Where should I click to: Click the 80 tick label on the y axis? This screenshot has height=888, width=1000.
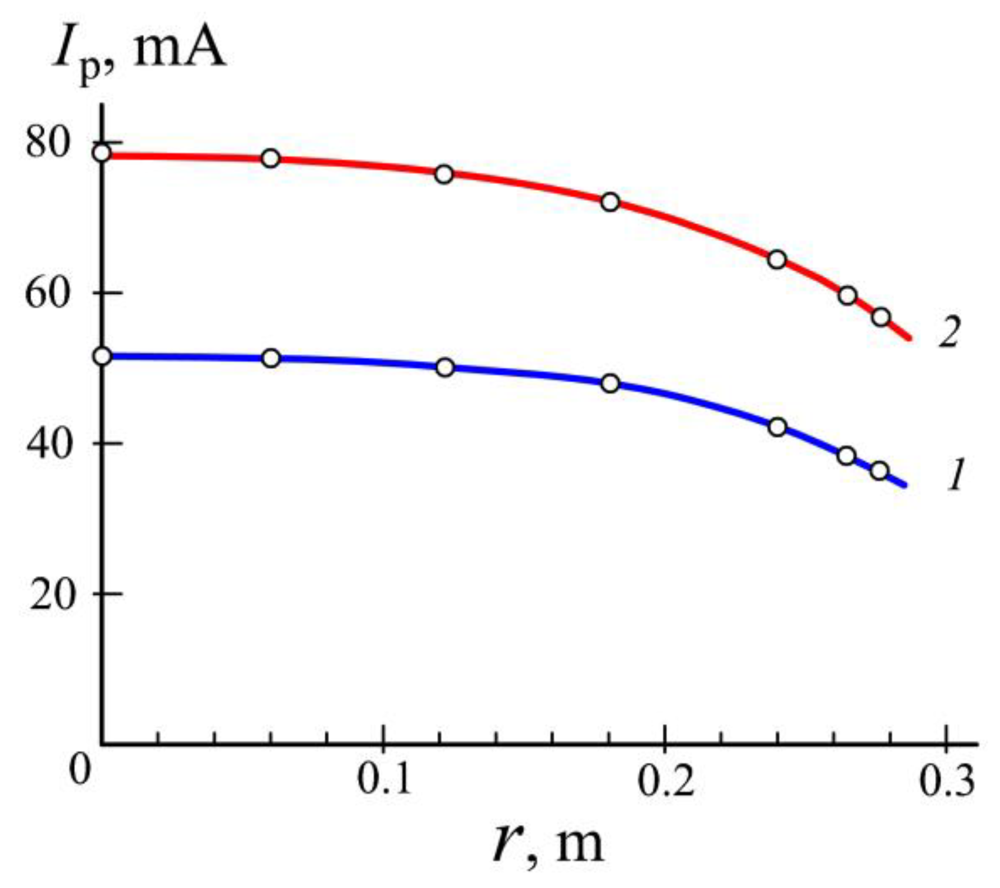[x=49, y=143]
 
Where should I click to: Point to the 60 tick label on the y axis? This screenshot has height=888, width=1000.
[x=49, y=293]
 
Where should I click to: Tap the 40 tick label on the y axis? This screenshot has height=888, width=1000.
[x=49, y=443]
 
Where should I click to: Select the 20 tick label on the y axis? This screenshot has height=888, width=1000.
[x=51, y=594]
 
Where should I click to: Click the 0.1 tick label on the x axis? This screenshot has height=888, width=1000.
[x=384, y=779]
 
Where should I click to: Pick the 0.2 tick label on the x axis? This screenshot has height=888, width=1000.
[x=665, y=779]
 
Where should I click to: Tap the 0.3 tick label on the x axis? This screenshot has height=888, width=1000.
[x=946, y=779]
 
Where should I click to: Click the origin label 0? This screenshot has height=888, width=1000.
[x=81, y=770]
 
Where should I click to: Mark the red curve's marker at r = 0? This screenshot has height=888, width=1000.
[x=102, y=153]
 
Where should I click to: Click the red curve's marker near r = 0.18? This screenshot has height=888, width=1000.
[x=610, y=202]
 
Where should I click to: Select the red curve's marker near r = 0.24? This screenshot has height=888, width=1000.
[x=777, y=260]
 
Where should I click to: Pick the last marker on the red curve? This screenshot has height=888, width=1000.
[x=881, y=317]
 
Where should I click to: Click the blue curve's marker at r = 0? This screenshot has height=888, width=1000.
[x=102, y=356]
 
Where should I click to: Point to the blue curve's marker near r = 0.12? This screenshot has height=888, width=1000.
[x=445, y=368]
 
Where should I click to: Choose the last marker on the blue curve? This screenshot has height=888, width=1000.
[x=880, y=471]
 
